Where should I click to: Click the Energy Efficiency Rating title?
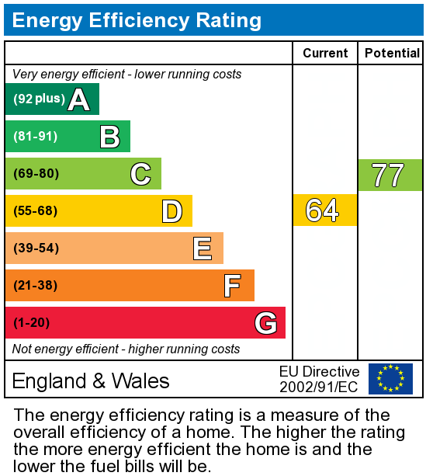(x=137, y=20)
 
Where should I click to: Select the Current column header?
(x=325, y=53)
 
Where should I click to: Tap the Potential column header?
(x=392, y=53)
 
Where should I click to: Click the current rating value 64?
(x=323, y=210)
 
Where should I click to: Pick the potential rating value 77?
(x=388, y=175)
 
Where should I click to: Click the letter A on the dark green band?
(x=78, y=99)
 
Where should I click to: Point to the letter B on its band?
(x=109, y=137)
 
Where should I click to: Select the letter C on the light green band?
(x=140, y=174)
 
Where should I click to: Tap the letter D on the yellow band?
(x=171, y=211)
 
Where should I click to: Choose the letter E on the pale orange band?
(x=203, y=248)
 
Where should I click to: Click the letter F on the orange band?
(x=232, y=286)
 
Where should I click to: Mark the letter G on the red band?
(x=265, y=323)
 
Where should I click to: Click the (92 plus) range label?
(x=39, y=99)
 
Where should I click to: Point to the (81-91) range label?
(x=36, y=137)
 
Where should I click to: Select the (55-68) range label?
(x=36, y=211)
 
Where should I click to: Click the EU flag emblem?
(x=390, y=379)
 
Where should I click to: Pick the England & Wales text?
(x=91, y=380)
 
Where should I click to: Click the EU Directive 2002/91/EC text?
(x=319, y=379)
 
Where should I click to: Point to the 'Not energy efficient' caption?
(x=126, y=349)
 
